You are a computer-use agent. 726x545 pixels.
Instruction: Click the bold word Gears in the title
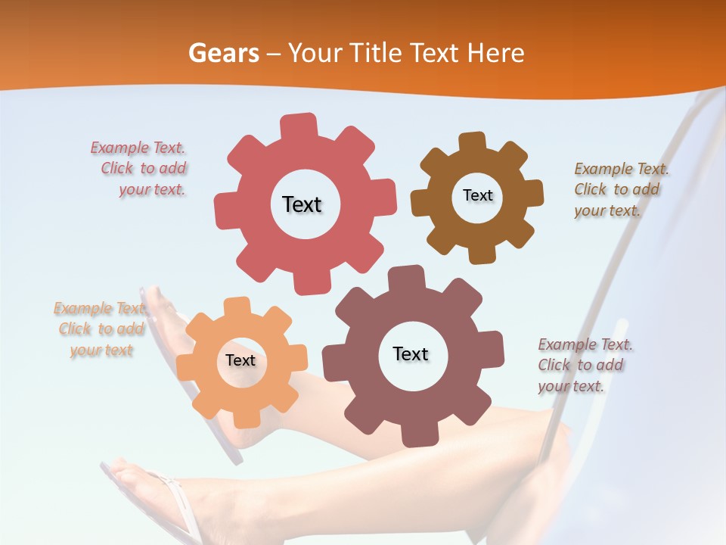tap(223, 53)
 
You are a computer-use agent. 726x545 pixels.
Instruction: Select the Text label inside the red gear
tap(302, 204)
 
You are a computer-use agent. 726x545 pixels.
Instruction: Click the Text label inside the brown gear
tap(477, 195)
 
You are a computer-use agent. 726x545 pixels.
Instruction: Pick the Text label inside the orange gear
tap(240, 360)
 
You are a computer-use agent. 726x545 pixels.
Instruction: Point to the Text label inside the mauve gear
tap(411, 353)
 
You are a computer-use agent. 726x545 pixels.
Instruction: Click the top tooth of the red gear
tap(298, 126)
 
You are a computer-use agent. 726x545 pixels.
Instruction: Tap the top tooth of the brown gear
tap(472, 142)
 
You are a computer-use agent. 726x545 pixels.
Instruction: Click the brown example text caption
tap(620, 189)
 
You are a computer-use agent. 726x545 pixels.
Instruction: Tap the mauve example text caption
tap(584, 365)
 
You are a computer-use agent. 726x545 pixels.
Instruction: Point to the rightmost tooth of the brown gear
tap(533, 193)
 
